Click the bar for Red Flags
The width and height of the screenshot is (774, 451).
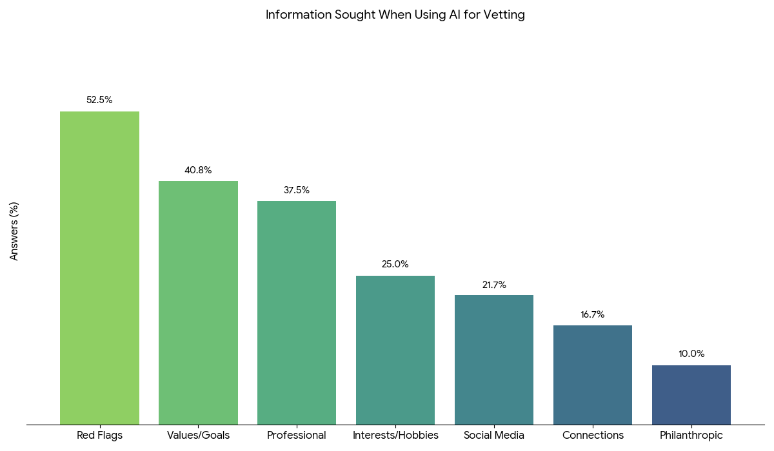pos(99,268)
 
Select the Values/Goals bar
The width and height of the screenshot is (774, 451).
pos(198,303)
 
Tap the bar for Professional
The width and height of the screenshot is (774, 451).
pos(297,312)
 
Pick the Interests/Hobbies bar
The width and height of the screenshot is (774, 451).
pos(395,350)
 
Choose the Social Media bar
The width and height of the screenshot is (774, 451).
pos(494,360)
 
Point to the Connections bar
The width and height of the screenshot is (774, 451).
pos(593,375)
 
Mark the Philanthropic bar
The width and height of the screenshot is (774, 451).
pos(691,395)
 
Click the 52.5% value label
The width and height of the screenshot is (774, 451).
pos(99,100)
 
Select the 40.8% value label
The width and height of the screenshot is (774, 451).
pos(198,170)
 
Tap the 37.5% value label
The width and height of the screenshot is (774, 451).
pos(297,190)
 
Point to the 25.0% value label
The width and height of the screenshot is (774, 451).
pos(395,264)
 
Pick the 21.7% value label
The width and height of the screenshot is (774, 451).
pos(494,285)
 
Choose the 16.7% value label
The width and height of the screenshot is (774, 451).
pos(593,314)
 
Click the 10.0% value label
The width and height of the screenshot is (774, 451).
pos(691,354)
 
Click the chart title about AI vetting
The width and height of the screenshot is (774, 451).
pos(395,15)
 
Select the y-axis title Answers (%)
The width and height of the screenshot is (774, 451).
pos(14,231)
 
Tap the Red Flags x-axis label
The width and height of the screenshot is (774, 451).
pos(99,436)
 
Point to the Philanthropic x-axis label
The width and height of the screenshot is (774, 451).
pos(691,436)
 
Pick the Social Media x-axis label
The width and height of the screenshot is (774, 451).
pos(494,436)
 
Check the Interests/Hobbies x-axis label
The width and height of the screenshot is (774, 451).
pos(395,436)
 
